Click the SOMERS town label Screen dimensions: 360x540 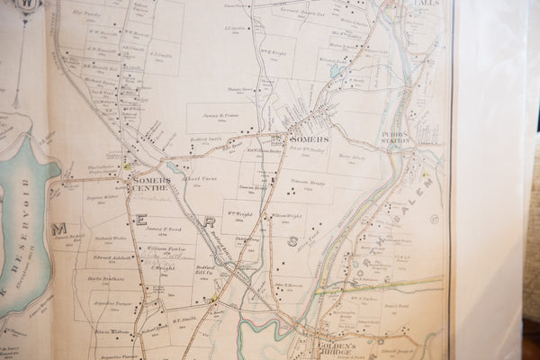[308, 139]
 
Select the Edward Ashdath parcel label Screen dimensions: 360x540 [111, 257]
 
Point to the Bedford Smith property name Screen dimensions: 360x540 [205, 140]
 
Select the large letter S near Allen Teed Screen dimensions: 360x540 [292, 241]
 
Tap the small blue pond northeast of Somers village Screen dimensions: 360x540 [337, 69]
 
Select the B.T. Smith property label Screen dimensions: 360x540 [184, 319]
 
